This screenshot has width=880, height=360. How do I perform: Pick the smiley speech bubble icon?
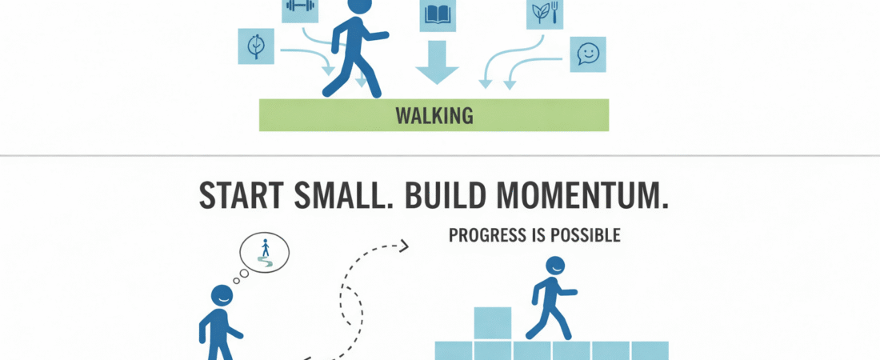[x=587, y=54]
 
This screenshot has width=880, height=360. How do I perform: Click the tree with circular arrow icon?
[x=257, y=46]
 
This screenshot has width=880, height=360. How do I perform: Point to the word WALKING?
[x=434, y=116]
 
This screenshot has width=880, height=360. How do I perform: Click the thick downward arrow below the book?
[x=437, y=64]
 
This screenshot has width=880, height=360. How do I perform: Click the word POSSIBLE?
[x=586, y=236]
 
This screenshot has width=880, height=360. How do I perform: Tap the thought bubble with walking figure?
[x=265, y=253]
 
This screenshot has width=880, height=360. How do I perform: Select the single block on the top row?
[x=493, y=323]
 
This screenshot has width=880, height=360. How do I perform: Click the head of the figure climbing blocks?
[x=554, y=266]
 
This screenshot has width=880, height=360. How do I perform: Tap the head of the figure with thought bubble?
[x=222, y=295]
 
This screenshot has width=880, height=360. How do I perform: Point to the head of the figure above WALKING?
[x=361, y=4]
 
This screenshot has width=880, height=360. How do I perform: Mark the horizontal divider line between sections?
[x=440, y=155]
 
